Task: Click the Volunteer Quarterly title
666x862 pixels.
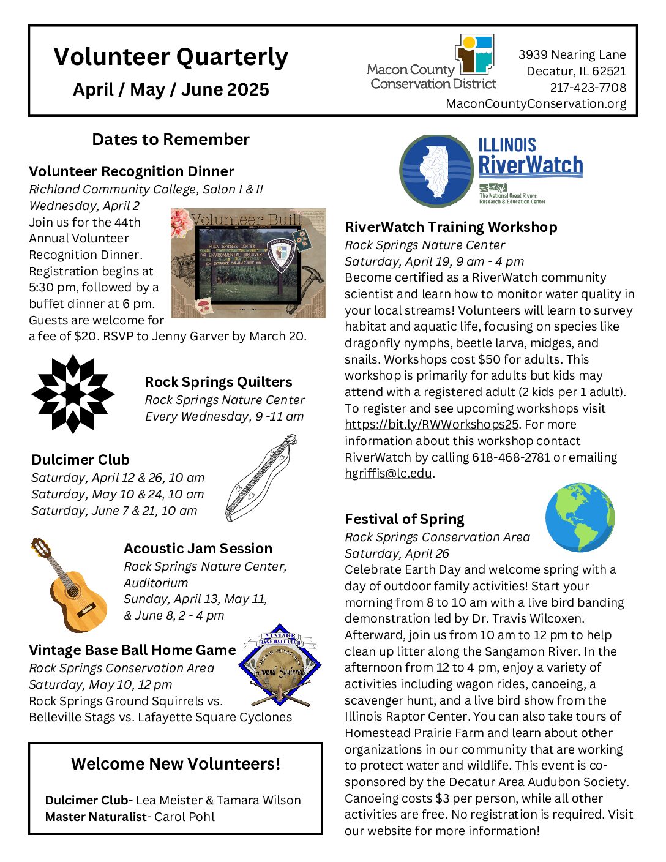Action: (x=171, y=57)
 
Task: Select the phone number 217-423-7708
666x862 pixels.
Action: (x=588, y=88)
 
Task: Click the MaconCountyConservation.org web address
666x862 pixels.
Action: (x=536, y=103)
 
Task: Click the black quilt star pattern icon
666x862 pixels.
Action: (x=73, y=394)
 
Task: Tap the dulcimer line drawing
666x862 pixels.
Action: (x=261, y=478)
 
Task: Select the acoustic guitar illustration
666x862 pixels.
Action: (x=69, y=585)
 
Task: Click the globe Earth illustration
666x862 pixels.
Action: (x=580, y=517)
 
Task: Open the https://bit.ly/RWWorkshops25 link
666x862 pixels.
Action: (x=432, y=424)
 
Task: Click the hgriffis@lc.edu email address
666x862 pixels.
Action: (x=388, y=473)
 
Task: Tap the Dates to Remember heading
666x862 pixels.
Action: (x=171, y=140)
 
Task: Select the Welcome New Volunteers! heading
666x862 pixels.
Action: (x=176, y=763)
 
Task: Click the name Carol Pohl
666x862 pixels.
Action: (x=184, y=817)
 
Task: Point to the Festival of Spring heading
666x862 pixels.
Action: (x=404, y=519)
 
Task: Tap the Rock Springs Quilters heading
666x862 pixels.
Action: (x=219, y=382)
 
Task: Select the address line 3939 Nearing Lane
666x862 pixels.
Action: (x=572, y=54)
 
